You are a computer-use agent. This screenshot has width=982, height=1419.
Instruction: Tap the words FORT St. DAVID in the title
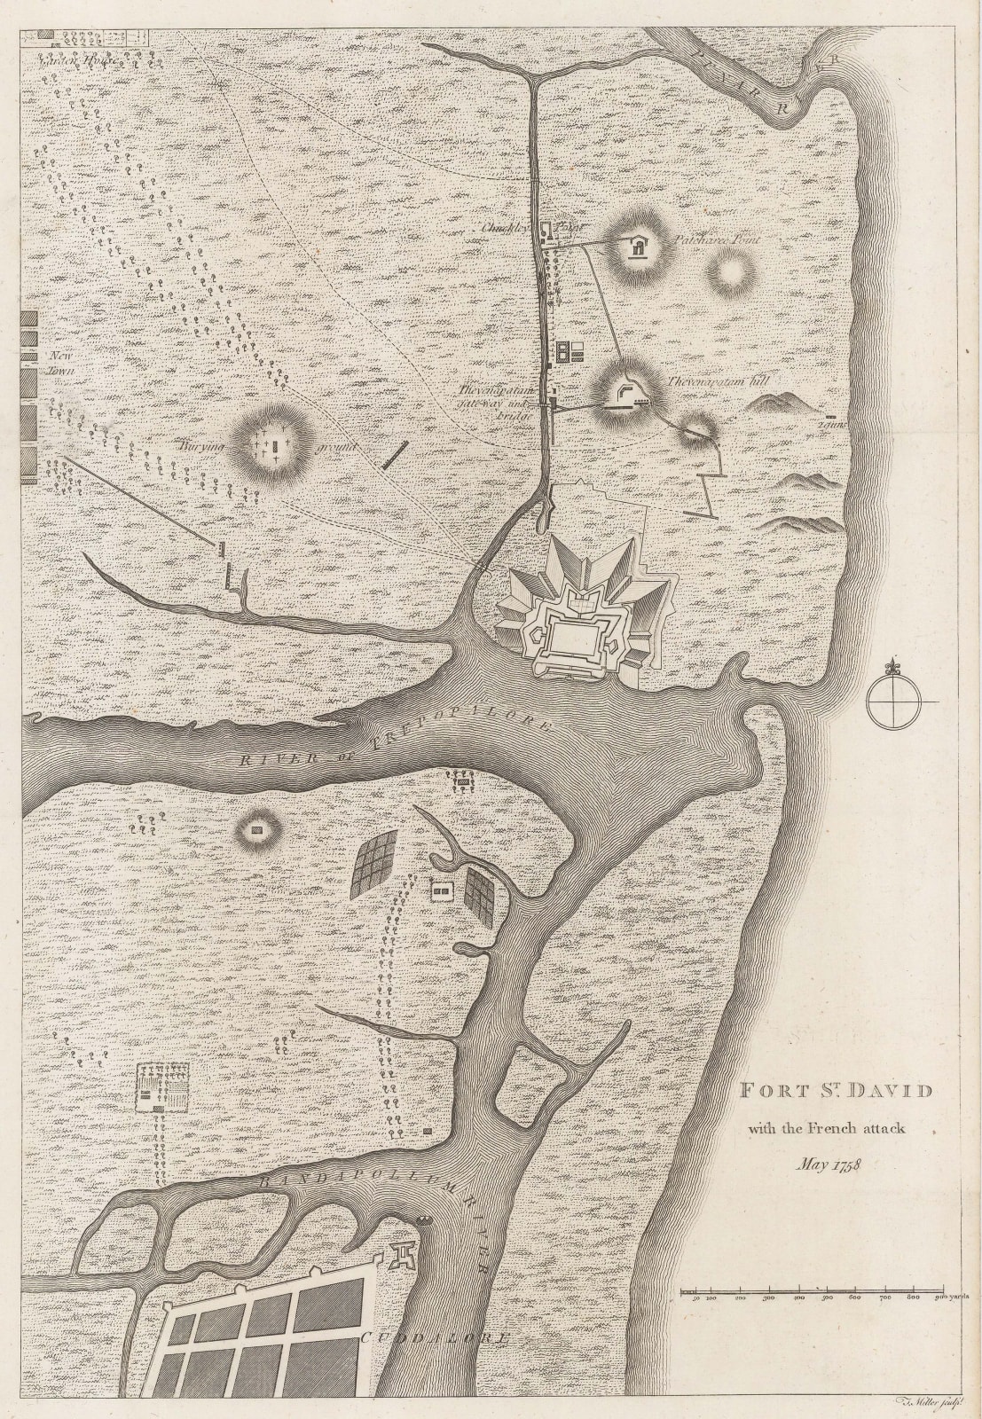pos(836,1090)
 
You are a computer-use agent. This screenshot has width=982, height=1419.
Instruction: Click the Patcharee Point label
pos(717,239)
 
